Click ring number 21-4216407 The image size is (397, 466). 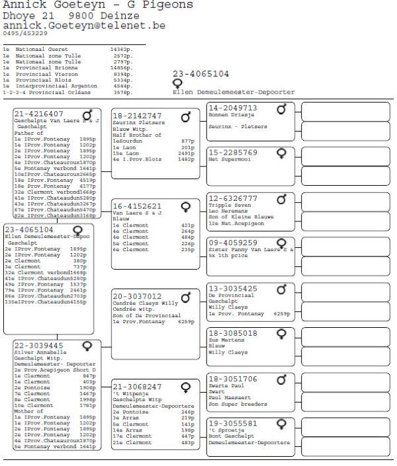(39, 114)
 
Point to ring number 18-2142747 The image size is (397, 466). (137, 116)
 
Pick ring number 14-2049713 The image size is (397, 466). (232, 108)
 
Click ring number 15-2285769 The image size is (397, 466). (232, 153)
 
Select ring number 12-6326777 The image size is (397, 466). (232, 198)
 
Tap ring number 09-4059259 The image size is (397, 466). (232, 243)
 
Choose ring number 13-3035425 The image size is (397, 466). (232, 289)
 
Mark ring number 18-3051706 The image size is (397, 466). (232, 379)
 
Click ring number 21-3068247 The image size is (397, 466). (137, 387)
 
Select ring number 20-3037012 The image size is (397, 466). (137, 297)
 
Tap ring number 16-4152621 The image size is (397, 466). (137, 206)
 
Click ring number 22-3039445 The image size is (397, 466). (39, 346)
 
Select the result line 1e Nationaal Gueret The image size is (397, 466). (33, 49)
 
